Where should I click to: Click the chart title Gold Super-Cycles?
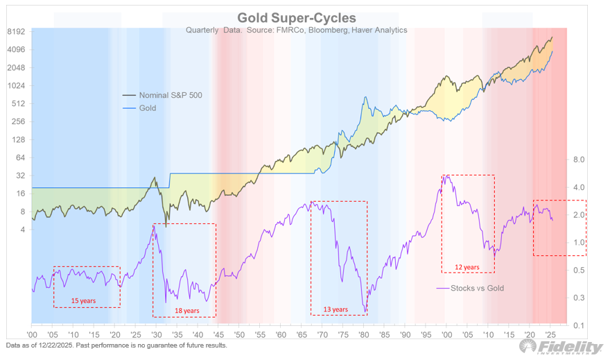pyautogui.click(x=297, y=17)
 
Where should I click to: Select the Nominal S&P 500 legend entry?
pyautogui.click(x=171, y=94)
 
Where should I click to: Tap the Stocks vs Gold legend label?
pyautogui.click(x=478, y=288)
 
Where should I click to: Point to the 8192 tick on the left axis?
pyautogui.click(x=15, y=32)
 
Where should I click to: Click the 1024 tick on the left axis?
pyautogui.click(x=15, y=86)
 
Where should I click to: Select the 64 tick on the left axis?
pyautogui.click(x=19, y=158)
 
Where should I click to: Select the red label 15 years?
pyautogui.click(x=83, y=301)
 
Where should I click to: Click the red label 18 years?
pyautogui.click(x=187, y=310)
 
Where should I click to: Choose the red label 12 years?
pyautogui.click(x=467, y=267)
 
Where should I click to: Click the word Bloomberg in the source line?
pyautogui.click(x=325, y=30)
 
